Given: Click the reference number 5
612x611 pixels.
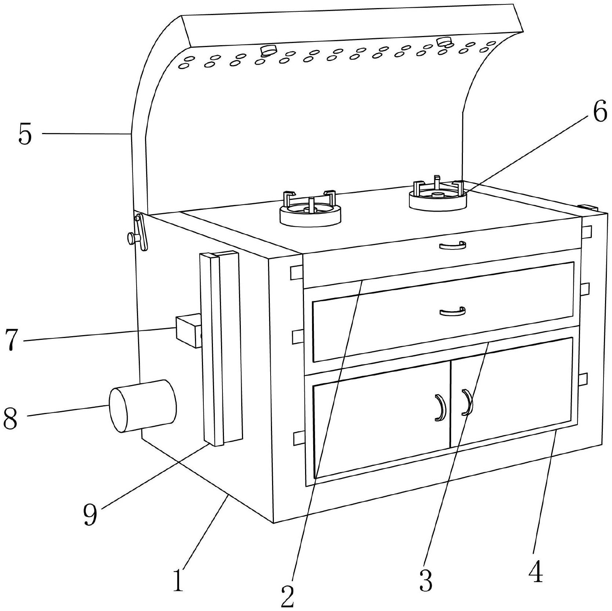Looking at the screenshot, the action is pyautogui.click(x=25, y=135).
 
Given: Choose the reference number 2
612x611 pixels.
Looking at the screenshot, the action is pyautogui.click(x=288, y=595).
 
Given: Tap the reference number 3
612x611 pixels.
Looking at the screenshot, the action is pyautogui.click(x=426, y=580).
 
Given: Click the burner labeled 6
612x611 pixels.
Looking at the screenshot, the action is pyautogui.click(x=438, y=198).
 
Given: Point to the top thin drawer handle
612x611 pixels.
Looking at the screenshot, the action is pyautogui.click(x=453, y=245).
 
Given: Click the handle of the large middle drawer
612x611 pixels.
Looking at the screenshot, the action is pyautogui.click(x=453, y=312).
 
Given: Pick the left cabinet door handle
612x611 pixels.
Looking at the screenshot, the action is pyautogui.click(x=439, y=407).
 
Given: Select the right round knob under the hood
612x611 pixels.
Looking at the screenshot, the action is pyautogui.click(x=445, y=41).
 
